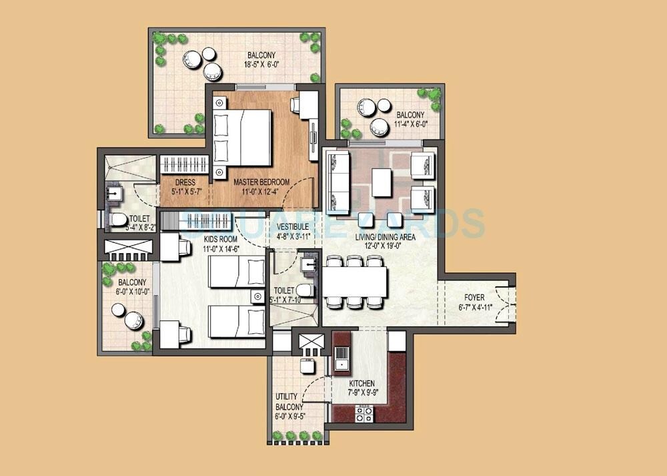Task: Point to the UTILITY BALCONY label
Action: [x=289, y=401]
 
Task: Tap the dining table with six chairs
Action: [x=356, y=281]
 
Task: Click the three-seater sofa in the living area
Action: [x=338, y=177]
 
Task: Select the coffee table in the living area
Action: [x=381, y=182]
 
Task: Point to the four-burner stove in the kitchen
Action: [x=364, y=414]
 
